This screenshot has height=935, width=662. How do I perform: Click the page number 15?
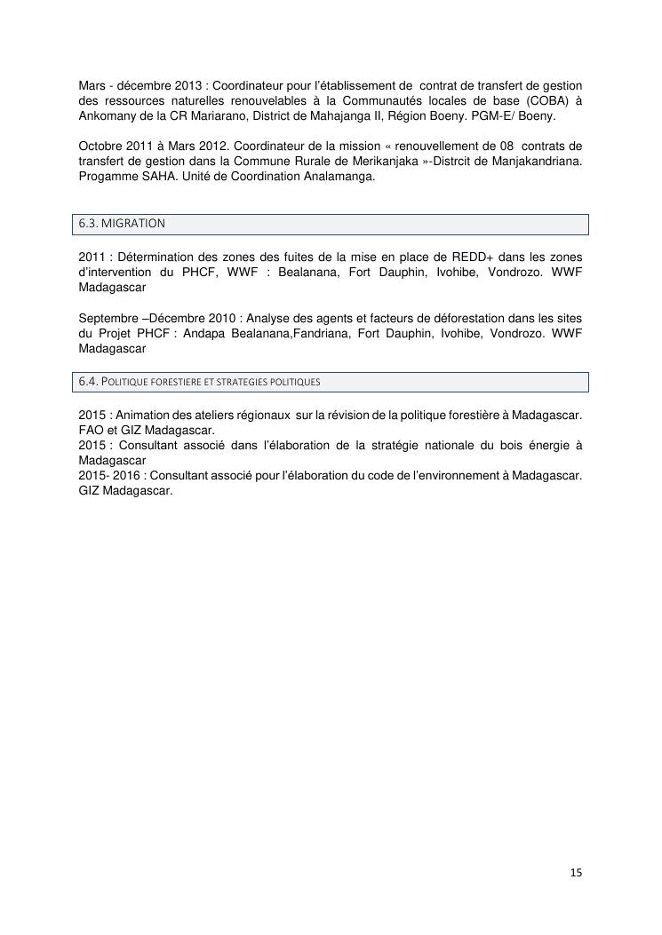point(576,873)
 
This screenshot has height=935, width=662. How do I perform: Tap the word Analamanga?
point(338,176)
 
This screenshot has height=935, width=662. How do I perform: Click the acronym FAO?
point(92,430)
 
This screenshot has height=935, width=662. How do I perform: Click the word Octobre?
point(101,146)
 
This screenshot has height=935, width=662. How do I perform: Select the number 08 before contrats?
point(507,146)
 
